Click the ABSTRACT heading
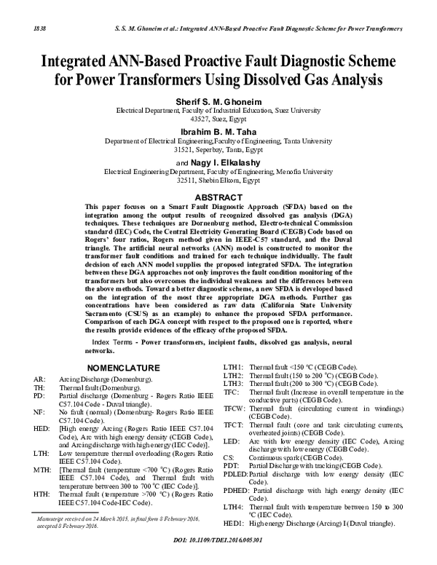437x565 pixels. [218, 197]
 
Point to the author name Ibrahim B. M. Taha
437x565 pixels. [218, 132]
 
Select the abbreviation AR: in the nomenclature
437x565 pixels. [39, 380]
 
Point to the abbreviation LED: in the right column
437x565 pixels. [232, 441]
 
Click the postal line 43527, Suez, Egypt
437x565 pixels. [218, 118]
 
